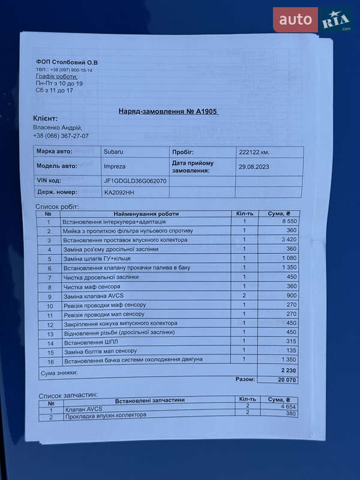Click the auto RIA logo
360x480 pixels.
click(x=313, y=20)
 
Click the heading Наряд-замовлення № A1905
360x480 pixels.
click(x=169, y=112)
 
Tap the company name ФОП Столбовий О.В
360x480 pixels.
click(x=67, y=62)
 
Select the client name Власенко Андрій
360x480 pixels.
click(x=58, y=127)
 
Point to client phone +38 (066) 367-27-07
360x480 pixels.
click(x=61, y=136)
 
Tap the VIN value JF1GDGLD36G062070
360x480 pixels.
click(x=136, y=180)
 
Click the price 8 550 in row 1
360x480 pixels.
click(x=278, y=222)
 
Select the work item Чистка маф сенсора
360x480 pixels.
click(x=92, y=287)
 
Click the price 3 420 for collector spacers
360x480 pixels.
click(x=278, y=240)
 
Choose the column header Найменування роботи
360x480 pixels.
click(x=146, y=214)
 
